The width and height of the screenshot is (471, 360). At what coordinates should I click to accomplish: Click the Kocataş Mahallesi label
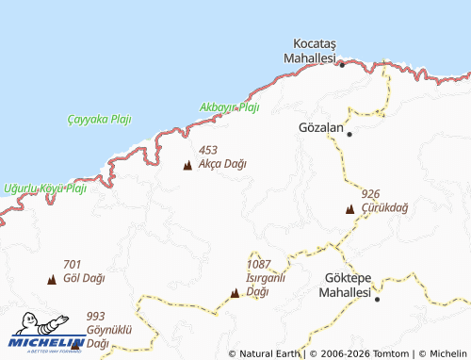coord(315,51)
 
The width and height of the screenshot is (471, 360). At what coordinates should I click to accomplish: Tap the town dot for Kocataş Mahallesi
coord(342,65)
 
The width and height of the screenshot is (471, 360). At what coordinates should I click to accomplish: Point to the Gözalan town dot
coord(349,134)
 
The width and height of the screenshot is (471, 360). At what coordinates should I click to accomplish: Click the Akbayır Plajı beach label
coord(229,107)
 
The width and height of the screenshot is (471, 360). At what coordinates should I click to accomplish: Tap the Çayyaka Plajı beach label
coord(100,119)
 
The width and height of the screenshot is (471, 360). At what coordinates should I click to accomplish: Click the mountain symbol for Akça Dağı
coord(187,167)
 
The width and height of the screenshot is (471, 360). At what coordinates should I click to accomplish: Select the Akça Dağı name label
coord(222,164)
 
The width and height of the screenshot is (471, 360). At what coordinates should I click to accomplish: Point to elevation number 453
coord(208,149)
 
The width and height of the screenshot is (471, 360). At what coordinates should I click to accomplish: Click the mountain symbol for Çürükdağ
coord(350,209)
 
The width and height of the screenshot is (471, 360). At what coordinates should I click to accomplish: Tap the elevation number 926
coord(370,193)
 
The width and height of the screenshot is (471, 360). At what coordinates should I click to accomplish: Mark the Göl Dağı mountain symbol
coord(52,280)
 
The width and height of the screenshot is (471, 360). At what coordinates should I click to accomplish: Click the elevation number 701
coord(73,265)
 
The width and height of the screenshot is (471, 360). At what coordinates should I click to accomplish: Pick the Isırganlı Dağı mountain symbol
coord(235,293)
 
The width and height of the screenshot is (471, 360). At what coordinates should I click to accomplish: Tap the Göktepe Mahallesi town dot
coord(377,299)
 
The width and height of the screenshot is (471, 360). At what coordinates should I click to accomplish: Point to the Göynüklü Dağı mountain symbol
coord(75,344)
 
